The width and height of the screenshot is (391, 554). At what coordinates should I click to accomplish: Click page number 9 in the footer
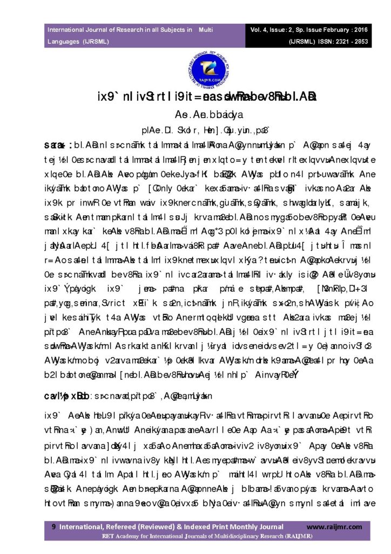coord(53,526)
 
